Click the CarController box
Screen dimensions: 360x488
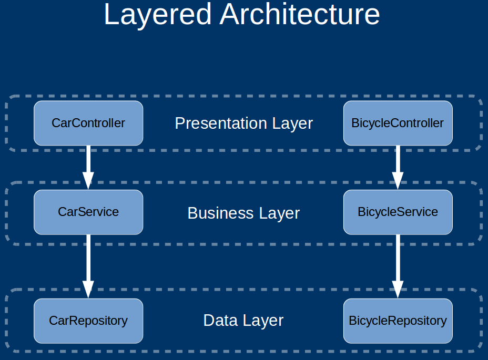[x=88, y=123]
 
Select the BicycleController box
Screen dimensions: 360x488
[x=398, y=123]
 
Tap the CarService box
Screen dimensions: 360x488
[x=88, y=212]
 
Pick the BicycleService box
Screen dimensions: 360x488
[x=398, y=212]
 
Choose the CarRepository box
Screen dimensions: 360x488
[x=88, y=321]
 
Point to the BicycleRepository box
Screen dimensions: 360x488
[x=398, y=321]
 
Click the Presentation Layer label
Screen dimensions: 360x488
[x=243, y=124]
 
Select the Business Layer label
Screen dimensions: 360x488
[x=243, y=213]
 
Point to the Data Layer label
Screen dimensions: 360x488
[x=243, y=321]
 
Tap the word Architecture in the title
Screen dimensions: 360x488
[x=300, y=15]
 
